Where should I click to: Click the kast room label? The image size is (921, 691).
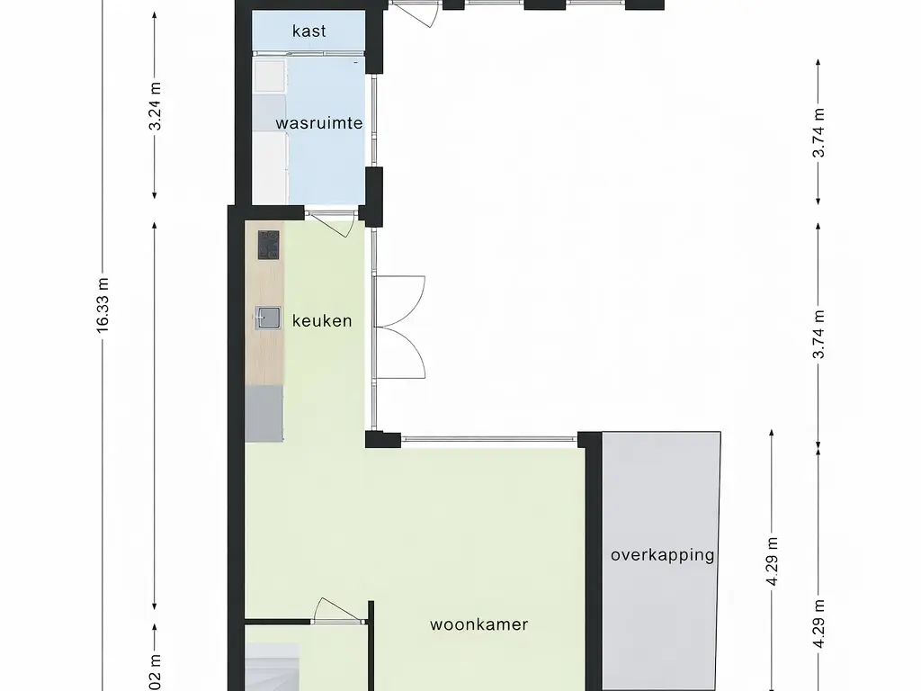coord(308,31)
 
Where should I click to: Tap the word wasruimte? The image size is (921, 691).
coord(318,123)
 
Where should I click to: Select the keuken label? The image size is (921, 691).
coord(322,320)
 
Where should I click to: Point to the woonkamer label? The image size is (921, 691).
coord(478,624)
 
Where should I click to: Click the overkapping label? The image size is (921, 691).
coord(662,554)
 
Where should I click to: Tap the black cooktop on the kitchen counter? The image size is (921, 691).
coord(268,244)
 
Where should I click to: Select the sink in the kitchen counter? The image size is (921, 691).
coord(267,316)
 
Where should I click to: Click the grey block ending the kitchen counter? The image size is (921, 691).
coord(264,414)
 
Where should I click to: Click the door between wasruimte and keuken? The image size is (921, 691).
coord(332,221)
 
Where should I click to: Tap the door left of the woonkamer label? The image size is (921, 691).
coord(337,612)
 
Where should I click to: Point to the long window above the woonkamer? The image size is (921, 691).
coord(489,440)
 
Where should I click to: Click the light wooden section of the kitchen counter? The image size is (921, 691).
coord(264,351)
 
